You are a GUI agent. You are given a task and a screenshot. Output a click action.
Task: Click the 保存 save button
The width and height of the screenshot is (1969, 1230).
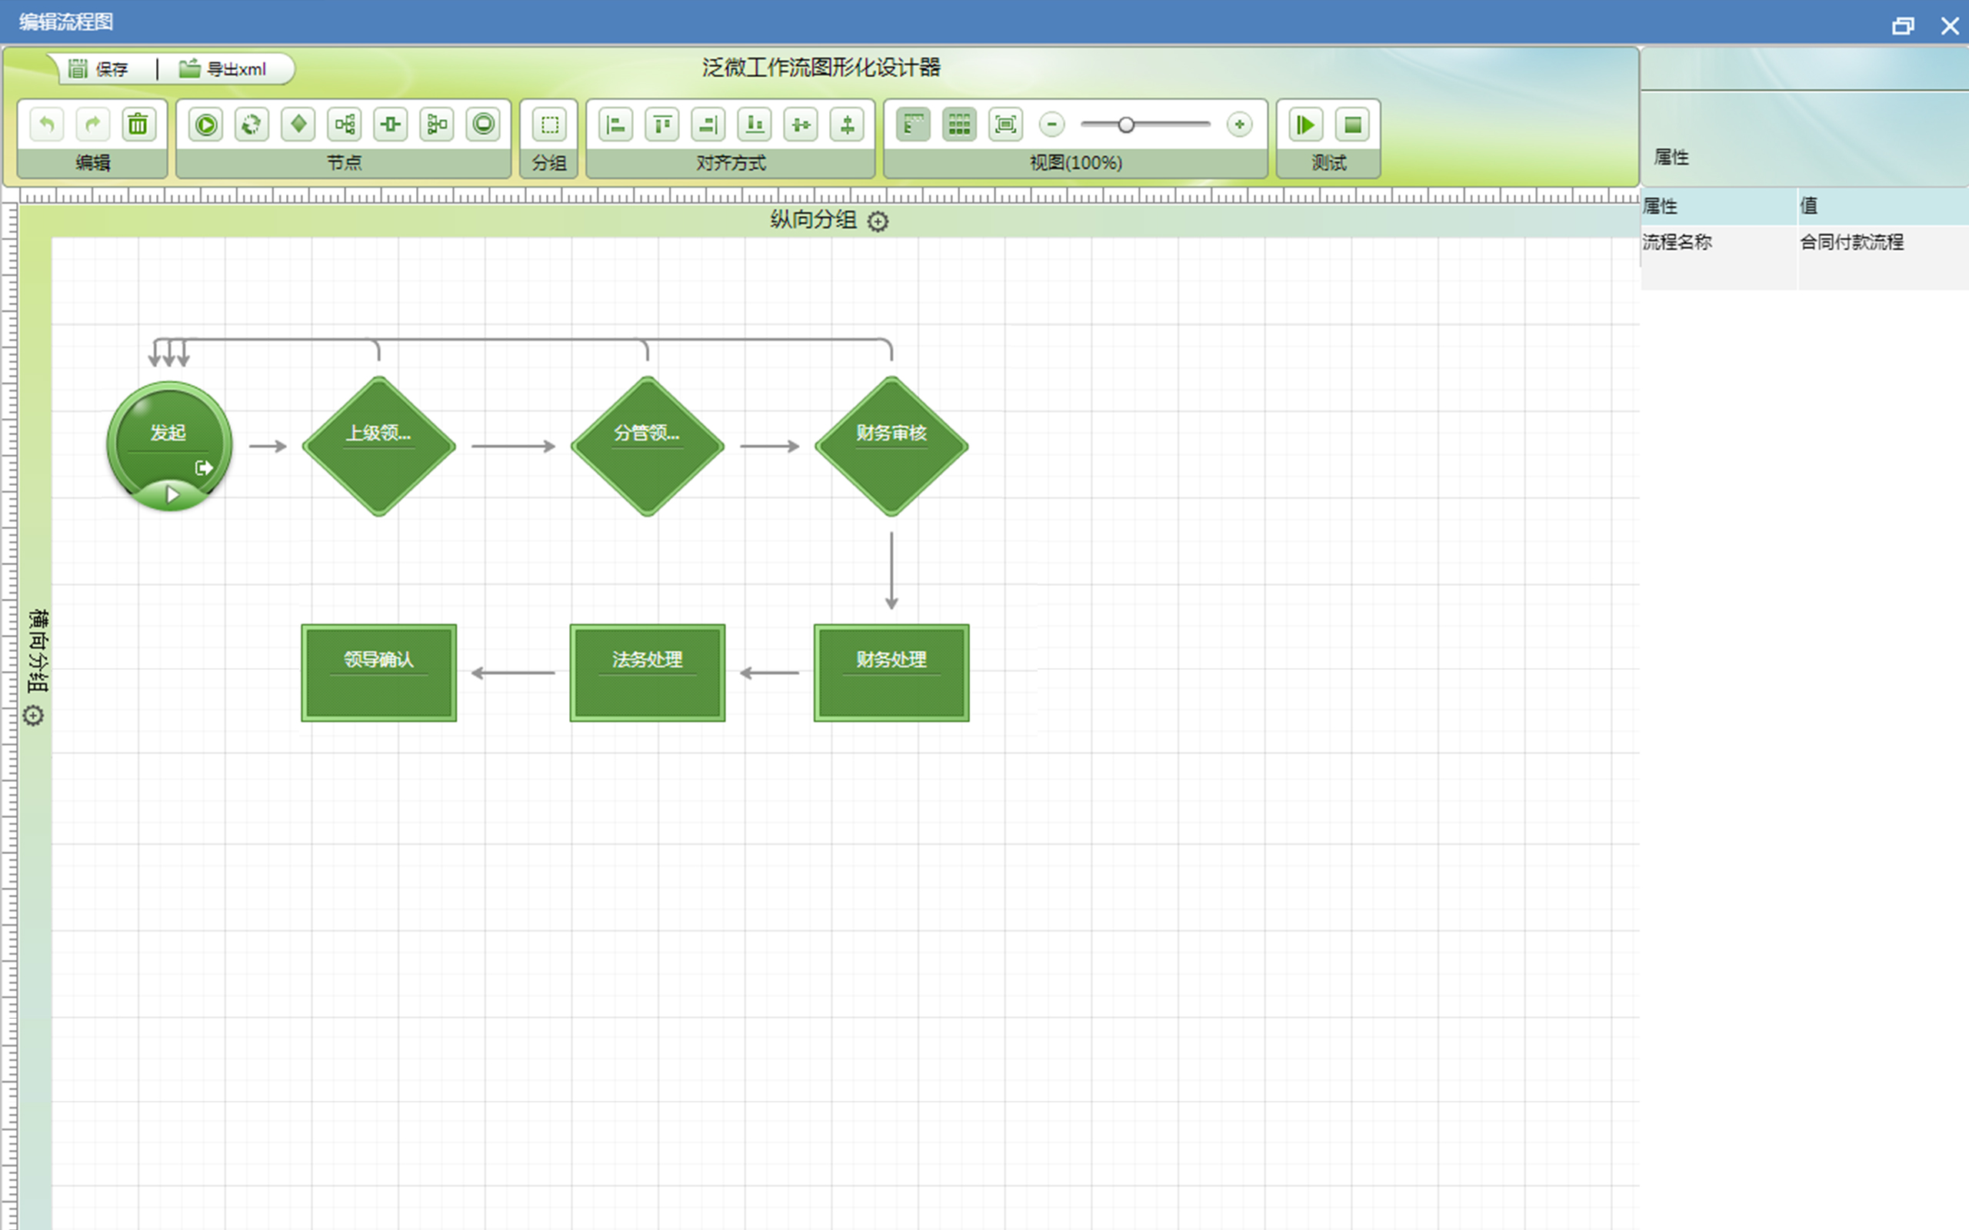click(98, 69)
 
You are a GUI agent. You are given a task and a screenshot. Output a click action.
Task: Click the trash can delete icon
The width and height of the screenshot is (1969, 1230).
click(138, 125)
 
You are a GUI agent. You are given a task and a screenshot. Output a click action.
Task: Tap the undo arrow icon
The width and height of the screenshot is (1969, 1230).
click(46, 125)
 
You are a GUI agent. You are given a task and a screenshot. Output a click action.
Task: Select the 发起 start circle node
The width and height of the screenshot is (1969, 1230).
click(169, 446)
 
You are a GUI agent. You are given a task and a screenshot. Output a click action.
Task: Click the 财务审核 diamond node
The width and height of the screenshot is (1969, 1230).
click(891, 446)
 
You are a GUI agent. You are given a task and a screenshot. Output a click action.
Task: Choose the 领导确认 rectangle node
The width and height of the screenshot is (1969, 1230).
click(379, 673)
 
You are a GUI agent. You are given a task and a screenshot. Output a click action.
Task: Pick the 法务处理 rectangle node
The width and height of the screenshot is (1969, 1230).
click(648, 673)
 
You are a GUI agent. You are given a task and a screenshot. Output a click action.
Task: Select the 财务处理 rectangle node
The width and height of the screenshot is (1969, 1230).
click(891, 673)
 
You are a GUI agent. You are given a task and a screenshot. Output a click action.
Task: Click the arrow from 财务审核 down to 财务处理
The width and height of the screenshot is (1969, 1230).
click(891, 571)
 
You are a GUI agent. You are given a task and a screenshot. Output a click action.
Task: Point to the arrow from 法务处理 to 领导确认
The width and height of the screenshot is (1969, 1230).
click(514, 673)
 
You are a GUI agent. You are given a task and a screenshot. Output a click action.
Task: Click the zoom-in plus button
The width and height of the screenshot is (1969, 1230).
click(1239, 125)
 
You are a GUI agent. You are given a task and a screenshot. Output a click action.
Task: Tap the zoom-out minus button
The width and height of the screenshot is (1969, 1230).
click(1052, 125)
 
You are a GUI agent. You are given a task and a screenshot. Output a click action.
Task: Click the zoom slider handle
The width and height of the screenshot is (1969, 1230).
click(1126, 125)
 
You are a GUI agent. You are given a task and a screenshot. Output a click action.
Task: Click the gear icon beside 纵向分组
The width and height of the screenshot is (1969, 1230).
click(878, 221)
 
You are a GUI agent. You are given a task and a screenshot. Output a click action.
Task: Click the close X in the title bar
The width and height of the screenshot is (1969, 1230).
click(1950, 26)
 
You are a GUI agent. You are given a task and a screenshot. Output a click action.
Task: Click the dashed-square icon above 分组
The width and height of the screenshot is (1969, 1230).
click(549, 125)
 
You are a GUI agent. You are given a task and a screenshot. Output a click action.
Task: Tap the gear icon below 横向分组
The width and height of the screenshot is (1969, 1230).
click(33, 716)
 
